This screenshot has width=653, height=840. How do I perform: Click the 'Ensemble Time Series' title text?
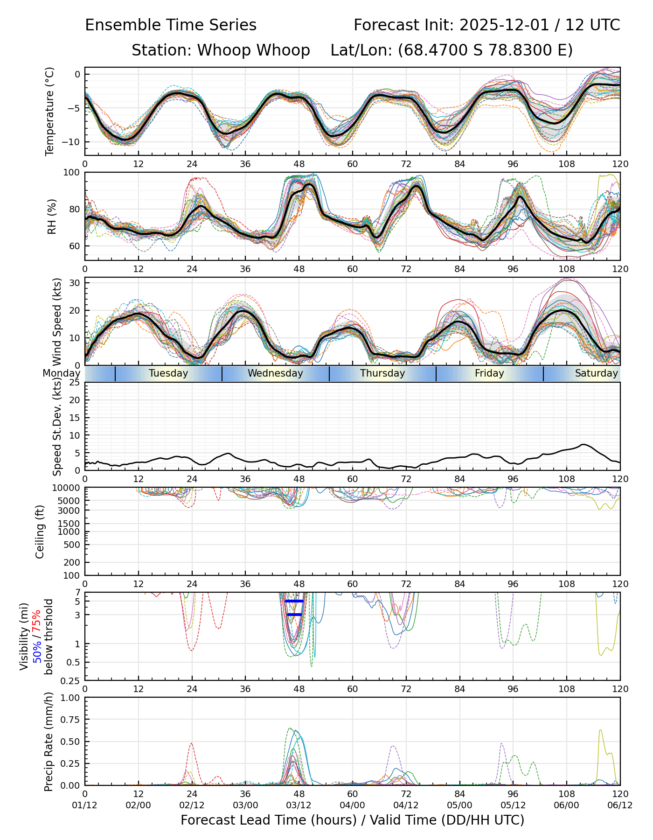[171, 25]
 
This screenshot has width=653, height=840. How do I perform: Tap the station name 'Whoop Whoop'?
[254, 50]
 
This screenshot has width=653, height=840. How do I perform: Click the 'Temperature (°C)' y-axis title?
[50, 111]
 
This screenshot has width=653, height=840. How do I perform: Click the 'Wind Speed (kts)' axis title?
[57, 322]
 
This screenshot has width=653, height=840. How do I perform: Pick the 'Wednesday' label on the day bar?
[275, 373]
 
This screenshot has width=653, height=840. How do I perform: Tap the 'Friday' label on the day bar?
[489, 373]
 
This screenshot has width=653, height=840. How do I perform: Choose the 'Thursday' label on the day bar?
[382, 373]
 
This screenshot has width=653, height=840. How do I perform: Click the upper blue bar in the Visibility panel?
[294, 601]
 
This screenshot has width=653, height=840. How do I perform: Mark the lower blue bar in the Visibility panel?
[294, 615]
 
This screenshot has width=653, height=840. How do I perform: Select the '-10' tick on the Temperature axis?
[72, 142]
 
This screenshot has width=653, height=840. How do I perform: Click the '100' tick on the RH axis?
[71, 173]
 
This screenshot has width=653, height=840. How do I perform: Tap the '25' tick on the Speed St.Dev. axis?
[75, 383]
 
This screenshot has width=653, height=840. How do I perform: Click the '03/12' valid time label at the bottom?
[299, 806]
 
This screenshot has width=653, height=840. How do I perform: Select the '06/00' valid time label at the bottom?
[567, 806]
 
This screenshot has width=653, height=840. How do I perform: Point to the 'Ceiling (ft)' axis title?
[40, 532]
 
